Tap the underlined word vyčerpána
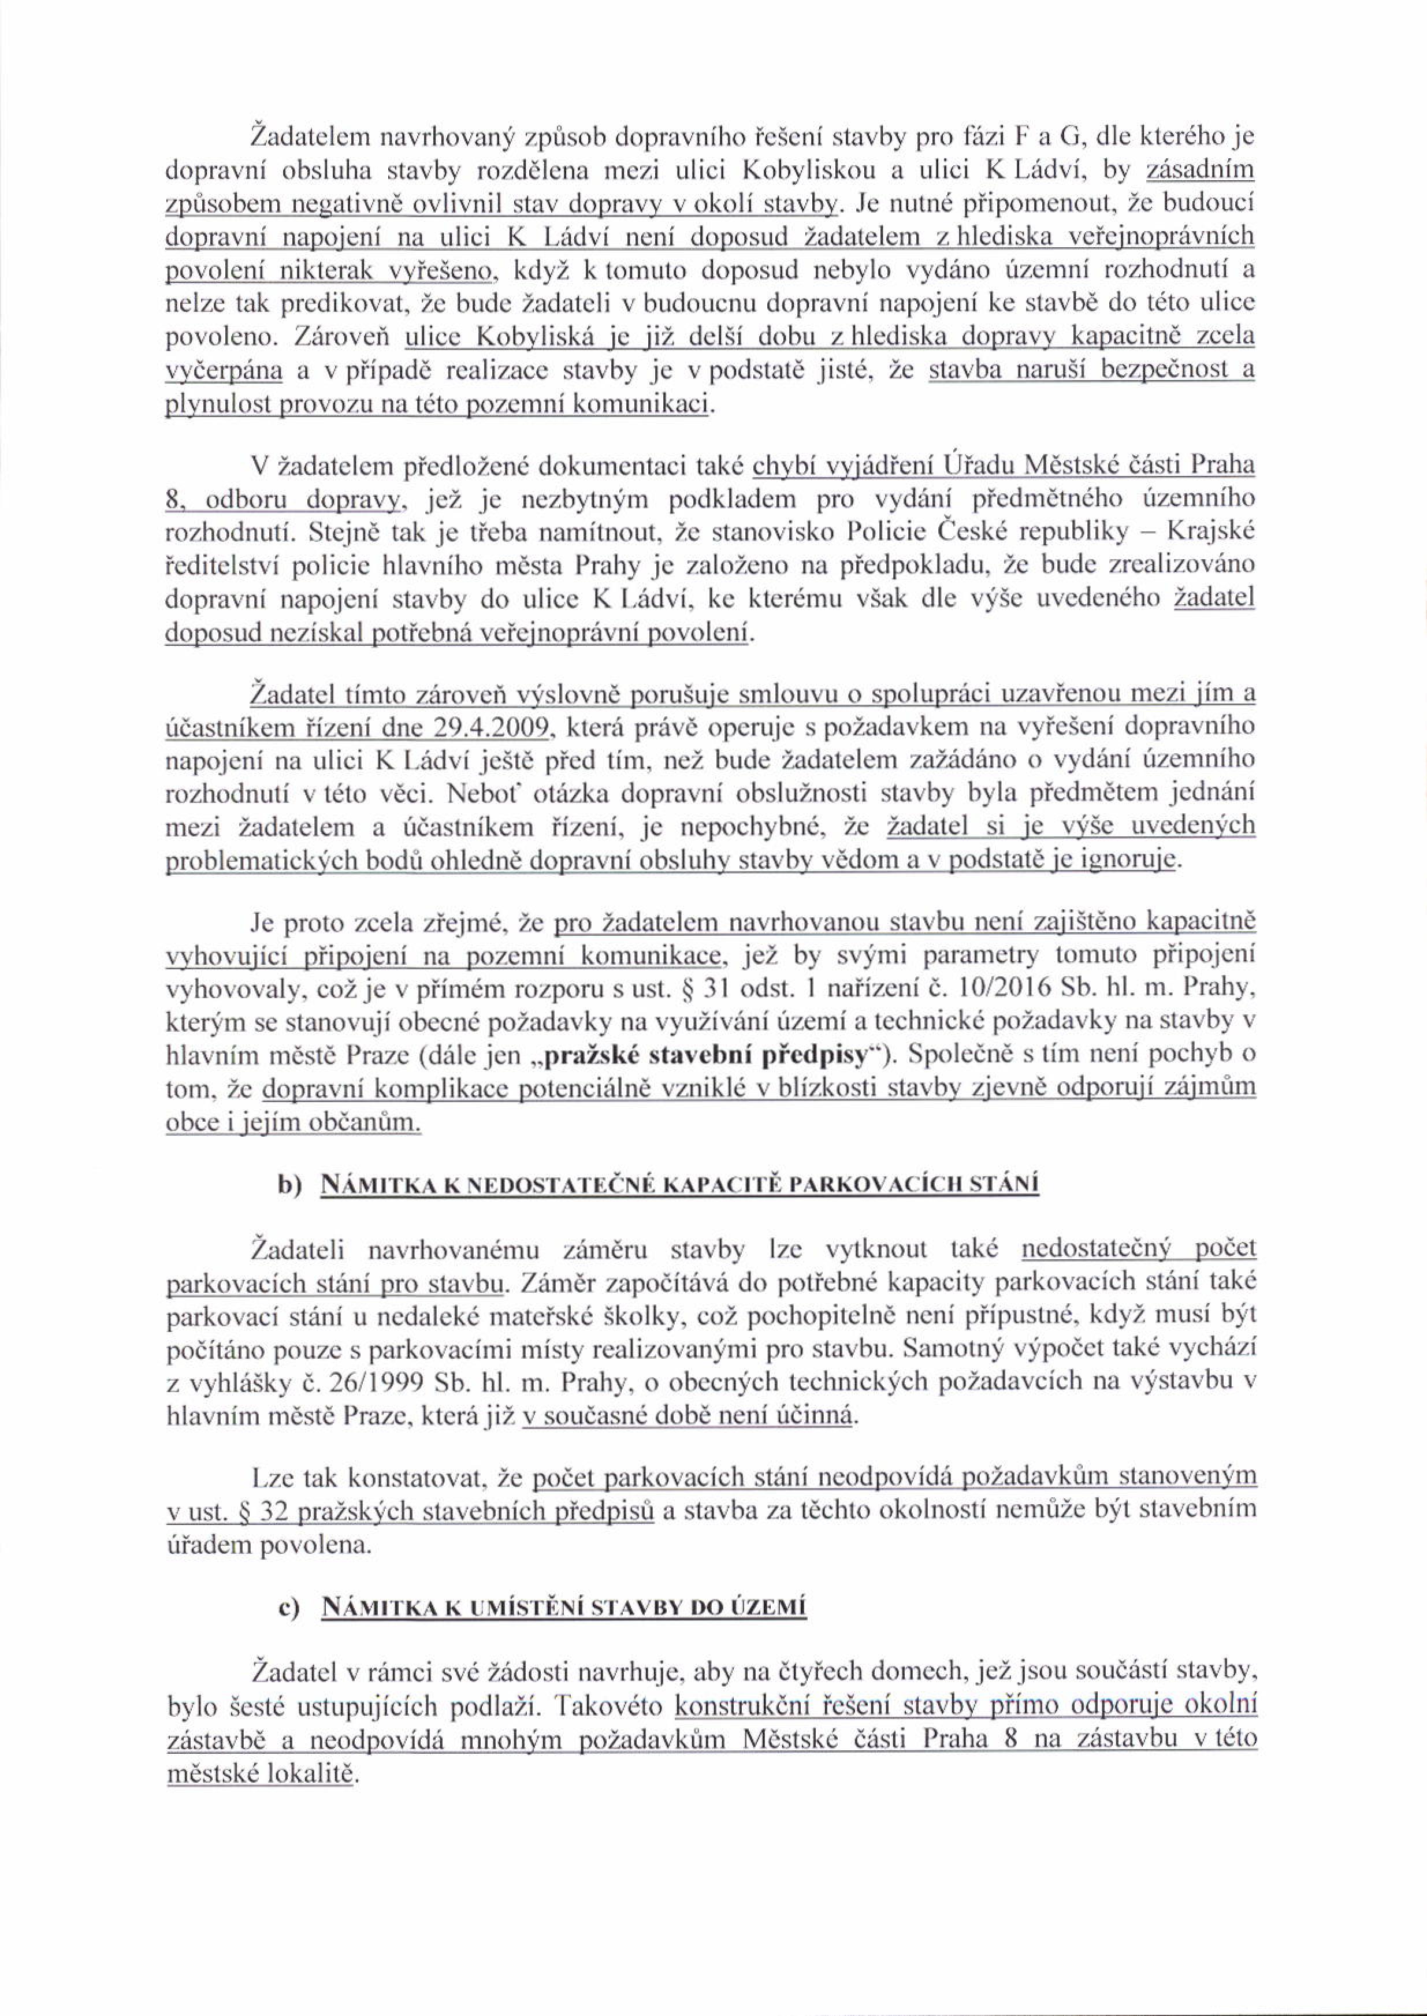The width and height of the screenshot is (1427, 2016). pyautogui.click(x=224, y=373)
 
